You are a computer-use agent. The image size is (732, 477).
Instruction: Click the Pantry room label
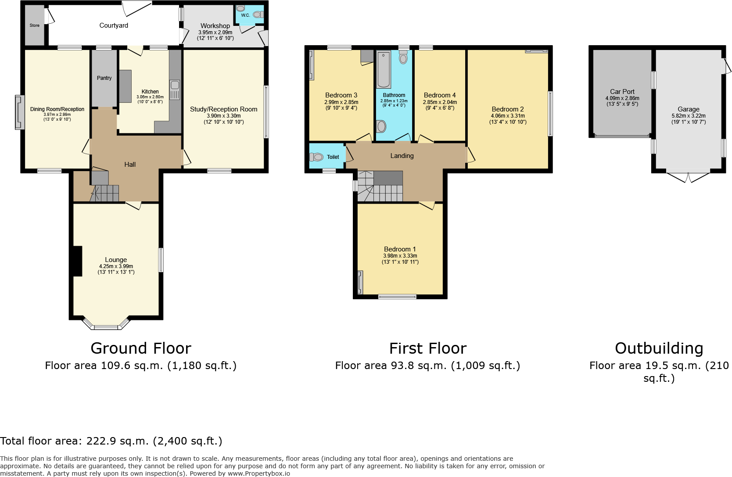tap(104, 78)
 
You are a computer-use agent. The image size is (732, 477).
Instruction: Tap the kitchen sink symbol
tap(175, 89)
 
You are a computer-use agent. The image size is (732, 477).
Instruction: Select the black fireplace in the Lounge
tap(78, 261)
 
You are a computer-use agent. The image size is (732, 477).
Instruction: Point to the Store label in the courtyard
tap(34, 25)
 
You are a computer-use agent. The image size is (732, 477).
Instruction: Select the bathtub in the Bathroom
tap(384, 70)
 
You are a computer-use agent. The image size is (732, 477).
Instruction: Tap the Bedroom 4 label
tap(440, 95)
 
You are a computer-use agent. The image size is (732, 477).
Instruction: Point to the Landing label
tap(402, 156)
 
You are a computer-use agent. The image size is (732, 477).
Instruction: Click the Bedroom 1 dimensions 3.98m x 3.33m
tap(400, 256)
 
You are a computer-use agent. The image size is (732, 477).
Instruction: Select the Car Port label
tap(622, 92)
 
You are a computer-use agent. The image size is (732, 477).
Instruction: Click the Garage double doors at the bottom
tap(688, 177)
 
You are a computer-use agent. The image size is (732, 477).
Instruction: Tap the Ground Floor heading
tap(141, 348)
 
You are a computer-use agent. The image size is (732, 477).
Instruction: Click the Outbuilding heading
tap(659, 348)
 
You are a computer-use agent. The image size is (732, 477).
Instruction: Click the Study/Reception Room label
tap(223, 109)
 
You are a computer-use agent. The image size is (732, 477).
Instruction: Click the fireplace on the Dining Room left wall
tap(20, 112)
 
